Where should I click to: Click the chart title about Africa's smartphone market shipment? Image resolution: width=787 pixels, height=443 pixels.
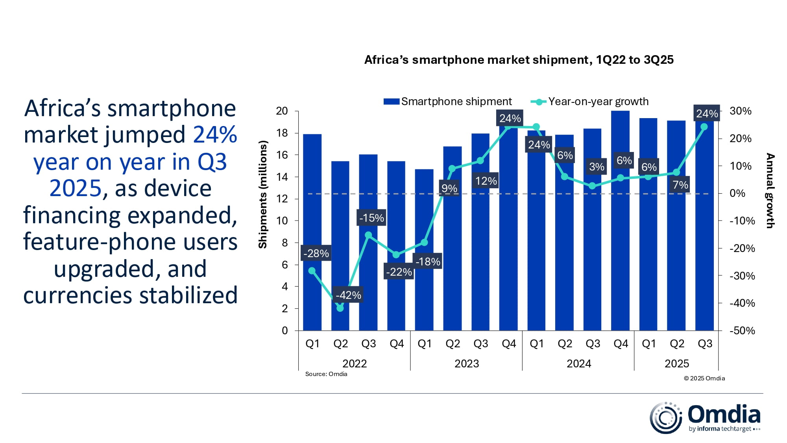(x=519, y=60)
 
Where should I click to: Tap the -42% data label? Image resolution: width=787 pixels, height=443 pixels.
(x=348, y=295)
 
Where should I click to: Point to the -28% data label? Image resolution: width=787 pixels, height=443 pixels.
(x=316, y=253)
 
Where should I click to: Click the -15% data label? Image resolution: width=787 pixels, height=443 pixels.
(x=371, y=218)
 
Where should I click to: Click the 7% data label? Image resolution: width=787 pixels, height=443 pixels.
(x=680, y=185)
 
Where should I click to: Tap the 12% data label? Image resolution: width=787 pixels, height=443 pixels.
(x=486, y=181)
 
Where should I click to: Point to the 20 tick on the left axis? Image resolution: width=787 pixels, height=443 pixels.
(x=282, y=111)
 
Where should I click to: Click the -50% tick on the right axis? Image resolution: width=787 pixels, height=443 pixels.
(x=742, y=330)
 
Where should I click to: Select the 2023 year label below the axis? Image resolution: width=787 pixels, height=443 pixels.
(x=467, y=363)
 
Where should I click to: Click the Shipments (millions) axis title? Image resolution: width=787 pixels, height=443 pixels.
(x=262, y=195)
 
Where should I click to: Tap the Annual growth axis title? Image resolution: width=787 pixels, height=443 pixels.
(x=770, y=191)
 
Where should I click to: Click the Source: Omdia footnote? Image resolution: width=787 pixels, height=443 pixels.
(x=326, y=374)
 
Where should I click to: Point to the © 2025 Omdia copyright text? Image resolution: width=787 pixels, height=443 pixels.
(x=704, y=378)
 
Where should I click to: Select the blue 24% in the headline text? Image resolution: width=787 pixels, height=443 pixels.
(x=215, y=135)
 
